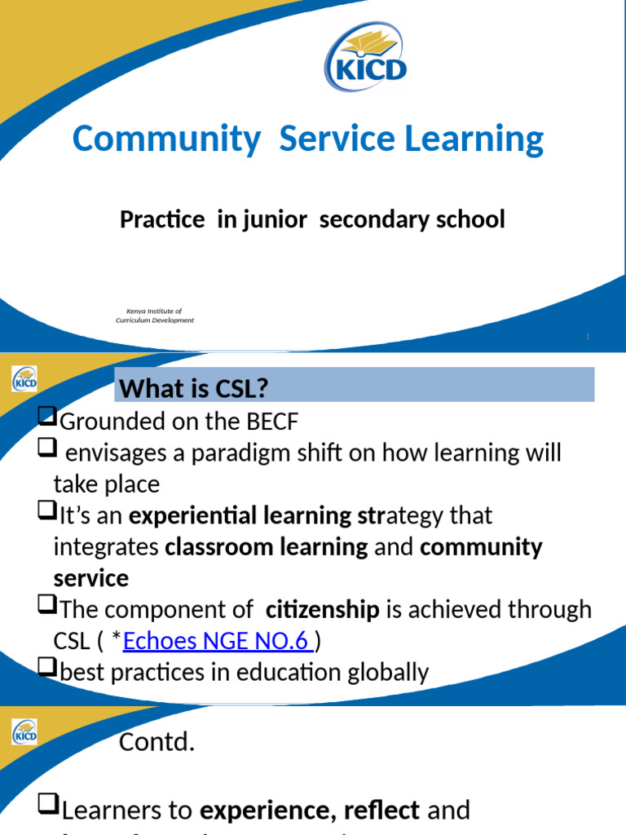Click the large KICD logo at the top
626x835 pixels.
coord(366,56)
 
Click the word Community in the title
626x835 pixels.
coord(165,139)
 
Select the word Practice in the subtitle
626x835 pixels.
coord(162,219)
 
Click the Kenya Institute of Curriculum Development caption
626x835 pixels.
coord(154,316)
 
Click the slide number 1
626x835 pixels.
coord(589,337)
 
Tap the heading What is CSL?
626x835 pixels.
coord(193,389)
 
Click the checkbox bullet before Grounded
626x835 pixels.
coord(46,420)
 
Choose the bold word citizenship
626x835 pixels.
coord(323,610)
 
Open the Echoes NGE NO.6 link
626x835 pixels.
coord(218,642)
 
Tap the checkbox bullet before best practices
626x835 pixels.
coord(46,671)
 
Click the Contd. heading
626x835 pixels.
coord(157,743)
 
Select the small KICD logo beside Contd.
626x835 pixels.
coord(24,732)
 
